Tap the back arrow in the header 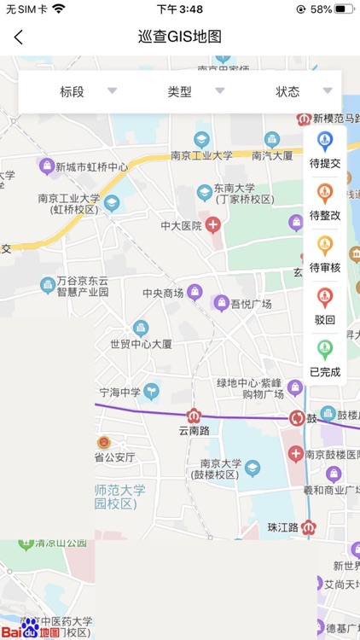(x=19, y=37)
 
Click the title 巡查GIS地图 (x=180, y=37)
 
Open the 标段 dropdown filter (x=72, y=91)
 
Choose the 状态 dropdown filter (x=287, y=91)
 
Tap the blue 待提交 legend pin (x=324, y=141)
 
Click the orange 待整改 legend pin (x=324, y=193)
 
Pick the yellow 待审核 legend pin (x=324, y=245)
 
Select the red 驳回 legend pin (x=324, y=297)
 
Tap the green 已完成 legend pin (x=324, y=349)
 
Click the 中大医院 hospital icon (x=213, y=225)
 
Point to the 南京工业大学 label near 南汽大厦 (x=201, y=156)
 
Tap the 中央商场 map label (x=163, y=294)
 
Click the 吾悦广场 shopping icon (x=222, y=303)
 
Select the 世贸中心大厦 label (x=141, y=344)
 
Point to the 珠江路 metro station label (x=282, y=528)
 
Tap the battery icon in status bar (x=344, y=9)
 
